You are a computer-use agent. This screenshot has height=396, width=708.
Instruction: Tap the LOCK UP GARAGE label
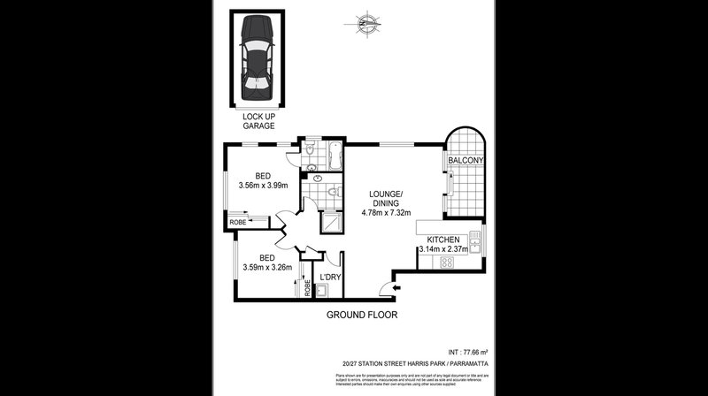pyautogui.click(x=258, y=120)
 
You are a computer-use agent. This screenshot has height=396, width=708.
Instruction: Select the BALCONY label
pyautogui.click(x=465, y=160)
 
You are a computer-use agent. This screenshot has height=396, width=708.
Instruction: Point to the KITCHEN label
pyautogui.click(x=443, y=240)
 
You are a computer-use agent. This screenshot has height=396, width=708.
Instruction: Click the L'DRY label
pyautogui.click(x=330, y=278)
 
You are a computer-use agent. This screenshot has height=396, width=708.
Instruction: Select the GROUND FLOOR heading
pyautogui.click(x=362, y=315)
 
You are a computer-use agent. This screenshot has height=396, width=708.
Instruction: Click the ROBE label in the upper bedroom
pyautogui.click(x=238, y=223)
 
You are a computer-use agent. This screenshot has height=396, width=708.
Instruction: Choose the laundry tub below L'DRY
pyautogui.click(x=321, y=291)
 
